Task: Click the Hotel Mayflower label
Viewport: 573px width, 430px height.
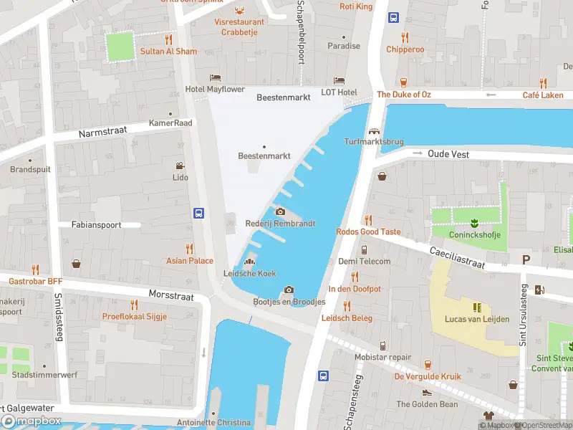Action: tap(215, 90)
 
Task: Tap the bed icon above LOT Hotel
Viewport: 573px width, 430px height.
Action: tap(339, 80)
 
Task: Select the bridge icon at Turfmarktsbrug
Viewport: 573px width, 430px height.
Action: tap(373, 130)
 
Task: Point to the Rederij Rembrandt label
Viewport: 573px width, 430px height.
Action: tap(280, 224)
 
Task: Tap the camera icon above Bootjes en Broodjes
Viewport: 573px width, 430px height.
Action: tap(289, 290)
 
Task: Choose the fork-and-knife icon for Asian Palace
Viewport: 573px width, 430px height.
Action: tap(190, 249)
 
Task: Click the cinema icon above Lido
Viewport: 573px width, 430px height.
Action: tap(180, 165)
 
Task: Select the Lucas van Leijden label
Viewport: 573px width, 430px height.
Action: tap(476, 319)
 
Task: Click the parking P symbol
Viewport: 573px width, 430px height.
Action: tap(526, 260)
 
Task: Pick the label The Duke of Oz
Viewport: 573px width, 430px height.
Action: tap(404, 95)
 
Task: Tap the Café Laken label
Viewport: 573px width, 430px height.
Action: tap(542, 95)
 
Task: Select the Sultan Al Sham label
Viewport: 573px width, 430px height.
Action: tap(168, 52)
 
